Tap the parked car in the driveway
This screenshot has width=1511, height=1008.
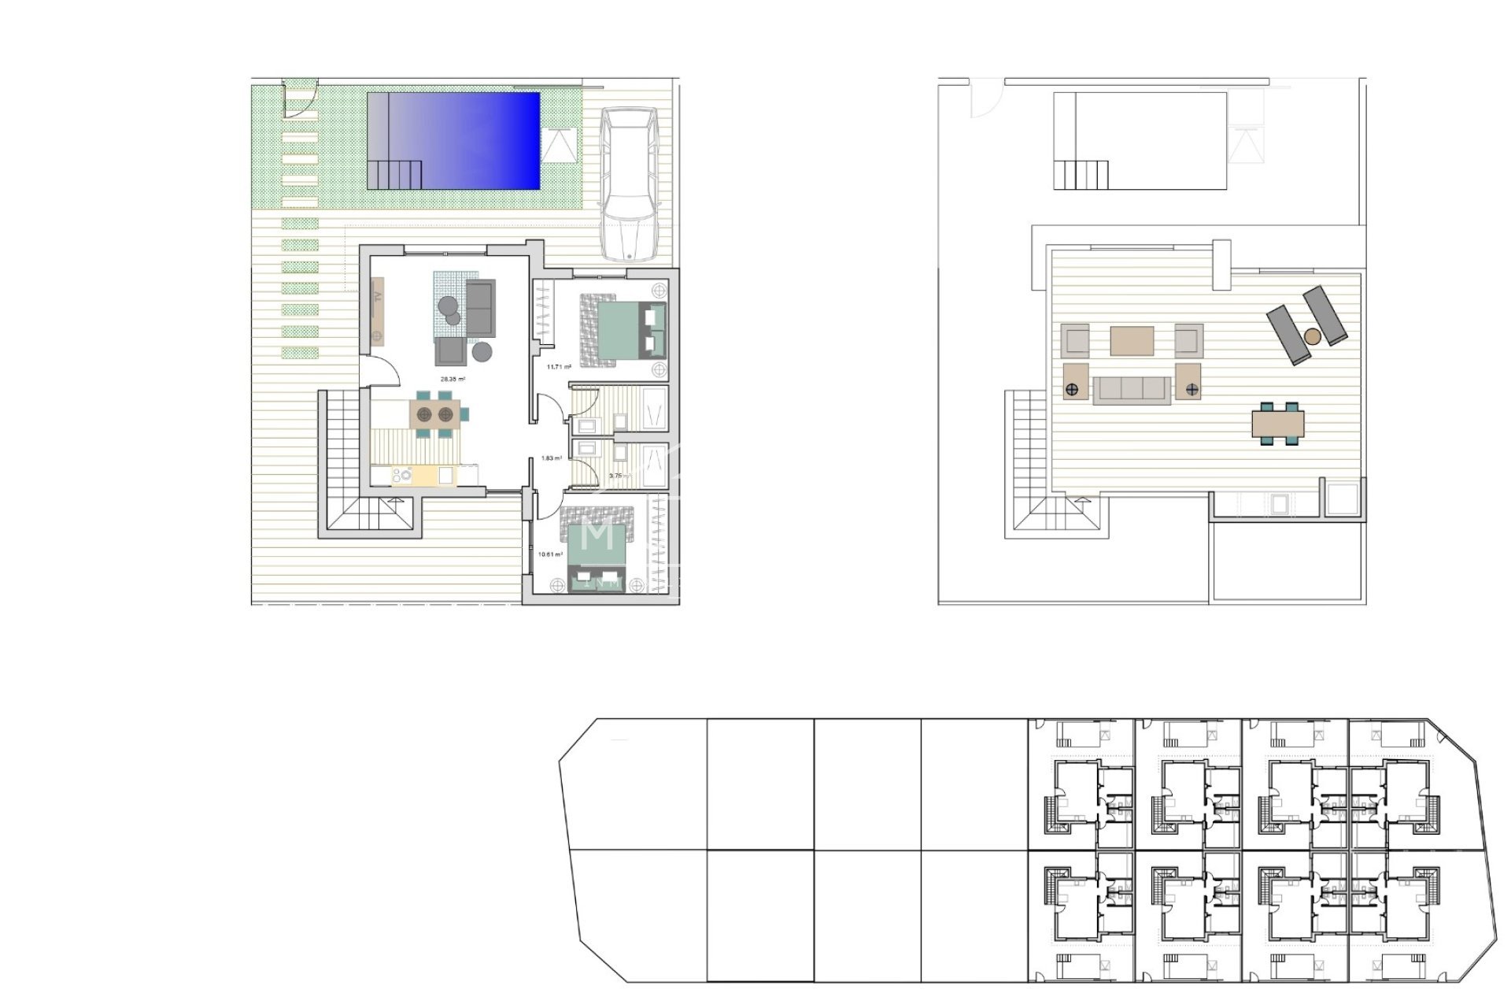coord(629,184)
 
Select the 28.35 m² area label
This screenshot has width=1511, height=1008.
coord(453,380)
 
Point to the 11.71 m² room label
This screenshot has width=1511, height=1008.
coord(558,367)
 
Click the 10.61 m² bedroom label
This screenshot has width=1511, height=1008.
coord(550,554)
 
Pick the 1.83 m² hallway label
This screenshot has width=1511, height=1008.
coord(552,458)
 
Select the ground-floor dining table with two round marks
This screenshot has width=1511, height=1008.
coord(434,413)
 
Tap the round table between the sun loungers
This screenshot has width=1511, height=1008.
coord(1312,336)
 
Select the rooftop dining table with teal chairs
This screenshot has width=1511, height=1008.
coord(1278,424)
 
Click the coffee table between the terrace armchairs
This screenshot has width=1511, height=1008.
coord(1132,341)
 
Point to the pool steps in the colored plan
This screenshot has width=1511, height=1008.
coord(393,173)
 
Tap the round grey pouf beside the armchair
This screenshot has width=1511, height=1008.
coord(482,351)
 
